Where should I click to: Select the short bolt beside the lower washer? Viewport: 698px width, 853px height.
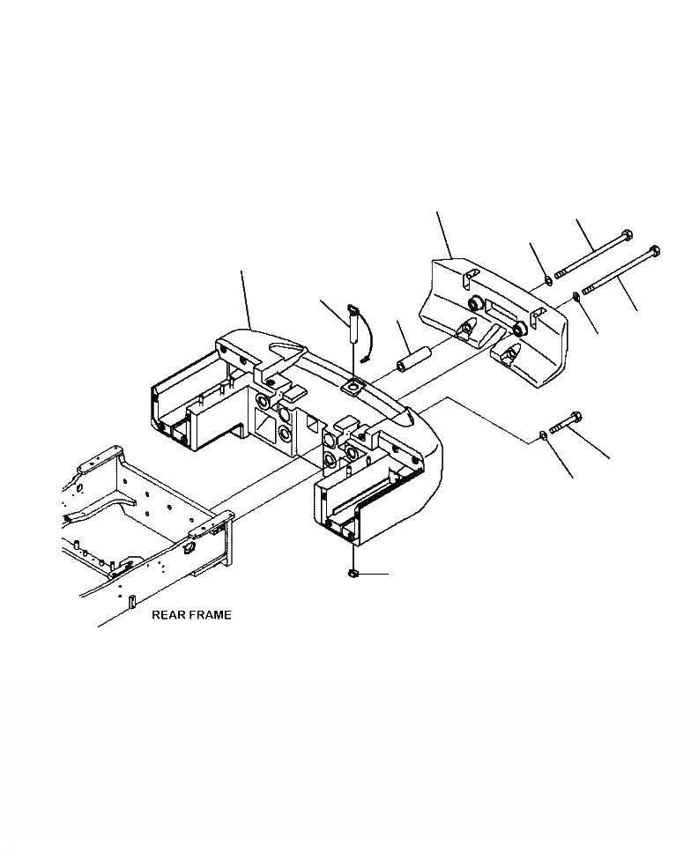point(565,424)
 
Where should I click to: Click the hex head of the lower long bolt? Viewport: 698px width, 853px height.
point(655,250)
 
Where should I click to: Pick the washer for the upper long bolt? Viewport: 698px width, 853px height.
point(548,281)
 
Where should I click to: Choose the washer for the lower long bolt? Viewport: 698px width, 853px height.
point(575,296)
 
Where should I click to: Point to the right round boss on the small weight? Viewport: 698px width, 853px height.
point(520,329)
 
